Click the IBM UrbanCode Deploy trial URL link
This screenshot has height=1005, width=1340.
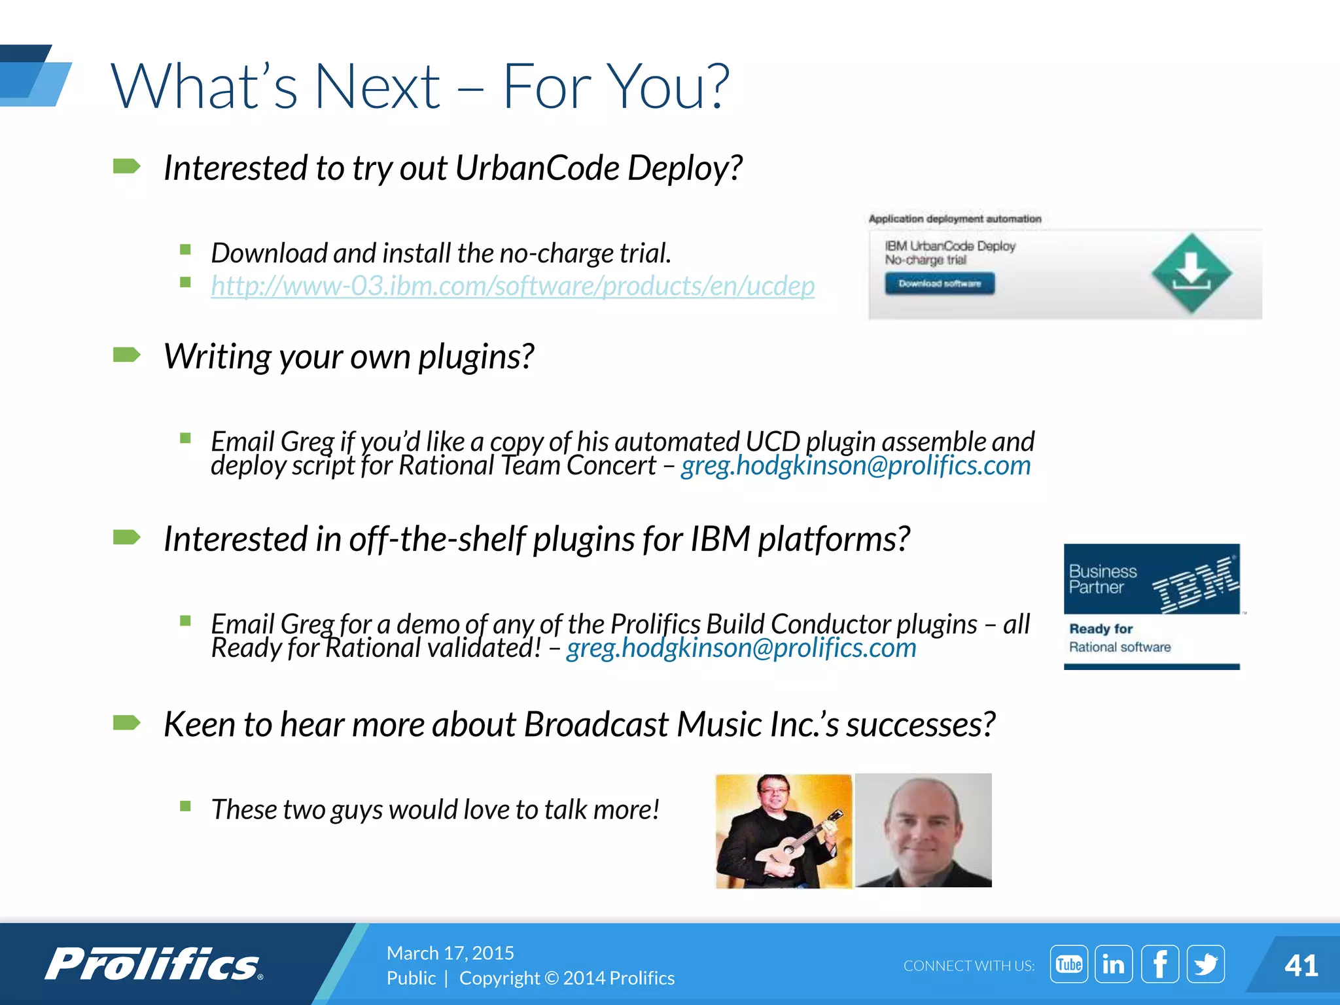[512, 287]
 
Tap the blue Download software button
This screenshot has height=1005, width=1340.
[940, 284]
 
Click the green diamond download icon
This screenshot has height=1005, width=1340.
[1191, 273]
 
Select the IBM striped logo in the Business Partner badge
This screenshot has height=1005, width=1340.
[1195, 584]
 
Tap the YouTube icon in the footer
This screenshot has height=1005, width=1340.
[1068, 964]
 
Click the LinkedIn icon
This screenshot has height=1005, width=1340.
[1114, 964]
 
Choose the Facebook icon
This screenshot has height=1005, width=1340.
[1160, 964]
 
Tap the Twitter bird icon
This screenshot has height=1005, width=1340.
[1205, 964]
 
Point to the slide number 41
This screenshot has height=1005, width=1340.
[1301, 966]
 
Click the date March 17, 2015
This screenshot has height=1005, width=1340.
[450, 953]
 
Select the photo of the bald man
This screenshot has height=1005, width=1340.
[923, 830]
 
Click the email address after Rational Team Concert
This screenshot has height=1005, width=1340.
[856, 466]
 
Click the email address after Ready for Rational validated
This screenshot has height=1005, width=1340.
[741, 648]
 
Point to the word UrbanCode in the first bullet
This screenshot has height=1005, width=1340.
[537, 168]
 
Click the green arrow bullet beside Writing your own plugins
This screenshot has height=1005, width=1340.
[127, 355]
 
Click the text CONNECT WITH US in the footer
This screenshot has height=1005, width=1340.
[969, 966]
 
